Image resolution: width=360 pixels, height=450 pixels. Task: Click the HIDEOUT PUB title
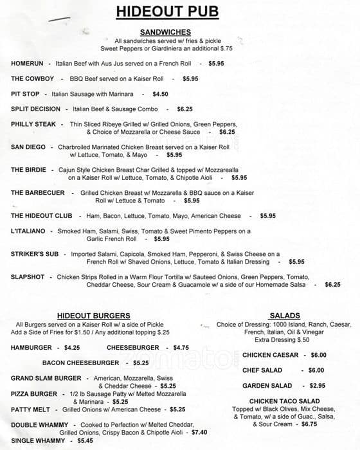(x=167, y=12)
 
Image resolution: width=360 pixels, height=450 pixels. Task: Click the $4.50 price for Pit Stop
(x=160, y=94)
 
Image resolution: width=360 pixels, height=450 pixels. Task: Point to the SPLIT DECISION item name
(x=35, y=109)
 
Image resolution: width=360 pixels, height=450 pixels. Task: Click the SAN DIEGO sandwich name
(x=28, y=147)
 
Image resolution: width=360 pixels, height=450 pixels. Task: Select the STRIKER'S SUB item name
(x=35, y=254)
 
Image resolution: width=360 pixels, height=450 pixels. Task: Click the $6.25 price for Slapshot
(x=332, y=284)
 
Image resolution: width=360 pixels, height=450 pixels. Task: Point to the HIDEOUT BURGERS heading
(x=94, y=316)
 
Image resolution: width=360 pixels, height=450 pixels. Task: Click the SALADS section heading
(x=285, y=316)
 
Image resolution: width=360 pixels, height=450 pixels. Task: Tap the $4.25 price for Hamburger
(x=72, y=348)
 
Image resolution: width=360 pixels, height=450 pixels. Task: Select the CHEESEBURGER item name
(x=128, y=348)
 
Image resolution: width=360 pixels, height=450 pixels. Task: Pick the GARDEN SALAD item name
(x=267, y=386)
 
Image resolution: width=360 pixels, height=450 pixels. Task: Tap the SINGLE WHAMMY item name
(x=38, y=441)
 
